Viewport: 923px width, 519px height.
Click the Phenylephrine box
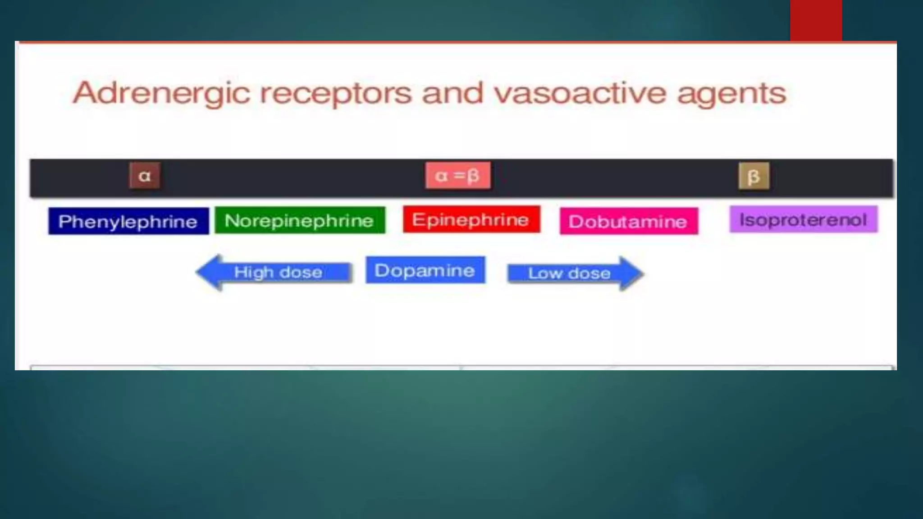[128, 221]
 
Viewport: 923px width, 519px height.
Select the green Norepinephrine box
[300, 220]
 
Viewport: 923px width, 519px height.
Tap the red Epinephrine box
[471, 219]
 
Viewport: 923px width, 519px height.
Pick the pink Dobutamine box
[629, 221]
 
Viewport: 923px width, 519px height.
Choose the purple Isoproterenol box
[804, 219]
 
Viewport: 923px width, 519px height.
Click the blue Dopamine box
[425, 270]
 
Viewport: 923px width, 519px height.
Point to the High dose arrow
[275, 272]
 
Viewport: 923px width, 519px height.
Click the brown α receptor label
[145, 176]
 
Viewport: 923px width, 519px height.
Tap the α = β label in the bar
[458, 175]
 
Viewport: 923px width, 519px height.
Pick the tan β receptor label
[754, 176]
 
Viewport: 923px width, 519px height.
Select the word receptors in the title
[336, 94]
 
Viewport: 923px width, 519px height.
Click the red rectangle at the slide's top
[816, 20]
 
